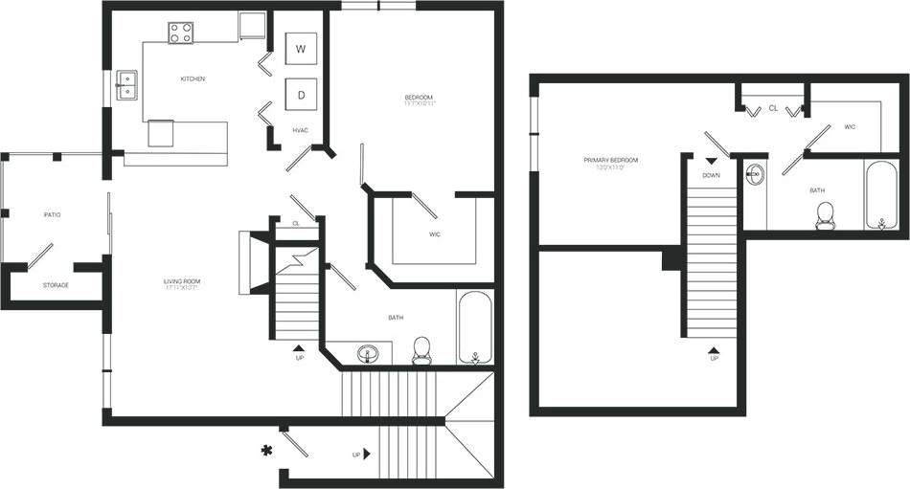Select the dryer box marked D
pyautogui.click(x=301, y=95)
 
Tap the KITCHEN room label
pyautogui.click(x=193, y=78)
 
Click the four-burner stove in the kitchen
pyautogui.click(x=181, y=33)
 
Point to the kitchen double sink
pyautogui.click(x=126, y=84)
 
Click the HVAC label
pyautogui.click(x=300, y=130)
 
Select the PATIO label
pyautogui.click(x=52, y=214)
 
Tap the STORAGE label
pyautogui.click(x=55, y=285)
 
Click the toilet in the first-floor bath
pyautogui.click(x=421, y=352)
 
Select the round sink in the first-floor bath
pyautogui.click(x=369, y=355)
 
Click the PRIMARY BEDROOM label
pyautogui.click(x=610, y=161)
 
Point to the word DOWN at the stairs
pyautogui.click(x=711, y=175)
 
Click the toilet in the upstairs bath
pyautogui.click(x=825, y=218)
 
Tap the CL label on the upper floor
pyautogui.click(x=773, y=109)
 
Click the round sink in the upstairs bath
pyautogui.click(x=755, y=174)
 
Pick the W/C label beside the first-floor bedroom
pyautogui.click(x=433, y=234)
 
